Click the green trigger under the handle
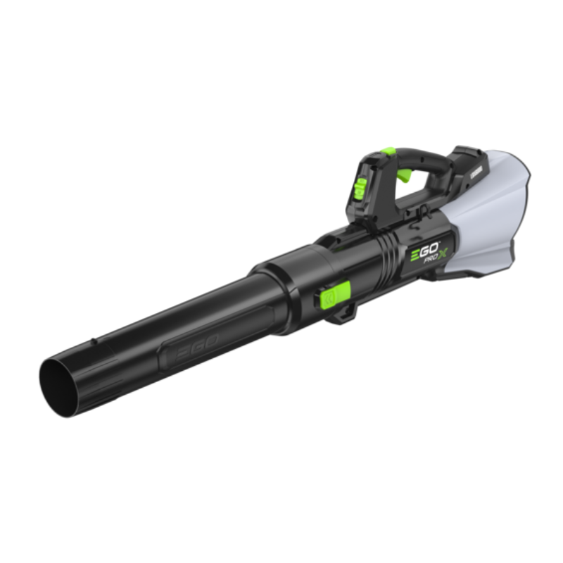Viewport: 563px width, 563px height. tap(405, 173)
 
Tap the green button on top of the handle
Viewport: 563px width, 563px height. tap(386, 151)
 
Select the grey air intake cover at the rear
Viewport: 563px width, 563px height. tap(493, 211)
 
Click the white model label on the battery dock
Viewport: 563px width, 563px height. tap(469, 161)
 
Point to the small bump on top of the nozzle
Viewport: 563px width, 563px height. tap(94, 342)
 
